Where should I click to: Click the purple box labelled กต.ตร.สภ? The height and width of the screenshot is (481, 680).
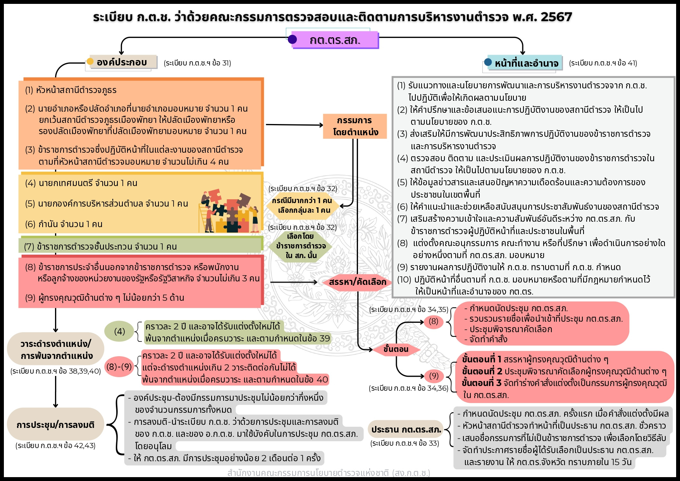click(x=335, y=40)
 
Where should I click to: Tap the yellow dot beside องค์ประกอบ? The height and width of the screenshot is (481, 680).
click(x=90, y=61)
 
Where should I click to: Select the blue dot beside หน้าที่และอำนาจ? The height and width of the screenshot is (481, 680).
click(x=488, y=62)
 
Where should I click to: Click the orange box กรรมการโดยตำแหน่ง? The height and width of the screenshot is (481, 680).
click(x=355, y=126)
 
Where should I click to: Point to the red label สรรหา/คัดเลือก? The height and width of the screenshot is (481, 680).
click(x=357, y=282)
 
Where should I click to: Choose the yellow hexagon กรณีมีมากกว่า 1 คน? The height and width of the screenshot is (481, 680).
click(x=302, y=205)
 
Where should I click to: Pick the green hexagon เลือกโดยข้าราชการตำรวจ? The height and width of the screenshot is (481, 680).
click(x=301, y=246)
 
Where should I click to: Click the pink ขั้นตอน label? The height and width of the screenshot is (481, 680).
click(x=396, y=349)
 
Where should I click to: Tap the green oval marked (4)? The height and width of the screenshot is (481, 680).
click(x=119, y=331)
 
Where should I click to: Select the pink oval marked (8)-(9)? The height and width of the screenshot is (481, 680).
click(x=119, y=367)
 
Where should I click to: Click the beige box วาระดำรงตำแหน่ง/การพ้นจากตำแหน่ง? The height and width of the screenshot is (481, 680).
click(x=56, y=350)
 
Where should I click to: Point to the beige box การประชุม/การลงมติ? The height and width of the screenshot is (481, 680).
click(x=55, y=425)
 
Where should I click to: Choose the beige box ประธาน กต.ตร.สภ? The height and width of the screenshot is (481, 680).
click(x=406, y=429)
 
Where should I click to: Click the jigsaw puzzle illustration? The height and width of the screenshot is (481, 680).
click(x=229, y=211)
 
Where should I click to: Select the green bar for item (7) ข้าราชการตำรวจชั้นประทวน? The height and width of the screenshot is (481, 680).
click(x=140, y=246)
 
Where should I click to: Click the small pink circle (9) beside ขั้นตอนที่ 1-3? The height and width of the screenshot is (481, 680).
click(x=434, y=376)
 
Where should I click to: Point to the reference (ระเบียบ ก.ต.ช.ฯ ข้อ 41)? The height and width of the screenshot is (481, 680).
click(x=603, y=63)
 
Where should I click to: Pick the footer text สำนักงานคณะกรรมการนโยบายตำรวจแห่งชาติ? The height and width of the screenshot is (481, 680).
click(x=329, y=473)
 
